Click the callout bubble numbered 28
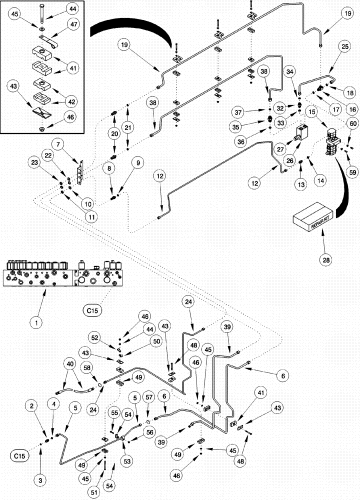323,259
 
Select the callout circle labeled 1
35,322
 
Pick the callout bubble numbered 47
73,24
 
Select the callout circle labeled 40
68,364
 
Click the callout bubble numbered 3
41,480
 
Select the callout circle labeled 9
136,162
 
